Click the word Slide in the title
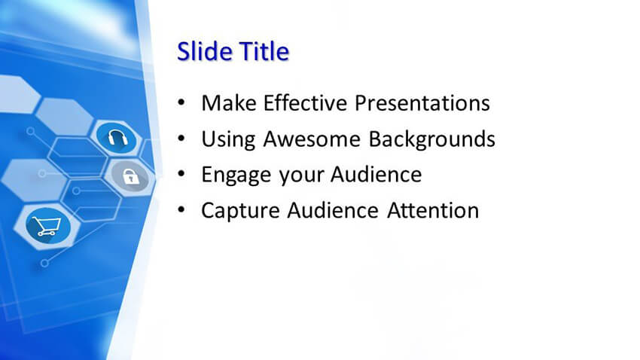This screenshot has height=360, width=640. (x=205, y=51)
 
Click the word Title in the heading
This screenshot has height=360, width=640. (x=264, y=51)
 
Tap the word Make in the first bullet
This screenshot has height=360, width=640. (x=229, y=103)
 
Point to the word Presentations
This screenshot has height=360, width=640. (x=422, y=103)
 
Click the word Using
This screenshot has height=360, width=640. (x=229, y=139)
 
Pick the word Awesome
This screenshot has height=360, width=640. (x=312, y=139)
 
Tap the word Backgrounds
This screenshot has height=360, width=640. (x=432, y=139)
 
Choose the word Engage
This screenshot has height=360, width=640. (x=236, y=175)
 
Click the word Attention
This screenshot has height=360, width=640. (x=433, y=211)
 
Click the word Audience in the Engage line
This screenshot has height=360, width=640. (x=376, y=175)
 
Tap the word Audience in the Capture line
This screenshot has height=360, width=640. (x=333, y=211)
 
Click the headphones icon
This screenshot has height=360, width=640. (x=117, y=138)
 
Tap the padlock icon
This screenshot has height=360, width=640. (x=130, y=177)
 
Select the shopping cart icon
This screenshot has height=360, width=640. (x=47, y=226)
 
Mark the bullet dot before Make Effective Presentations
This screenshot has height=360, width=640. (x=181, y=102)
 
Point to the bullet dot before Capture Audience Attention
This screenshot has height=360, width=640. (x=181, y=210)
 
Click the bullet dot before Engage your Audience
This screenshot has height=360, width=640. (x=181, y=174)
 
